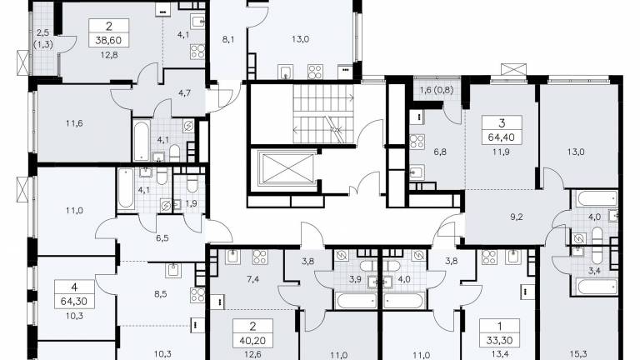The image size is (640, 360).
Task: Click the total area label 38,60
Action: point(109,40)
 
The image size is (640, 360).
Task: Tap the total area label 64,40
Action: point(502,137)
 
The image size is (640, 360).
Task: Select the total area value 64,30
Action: point(74,302)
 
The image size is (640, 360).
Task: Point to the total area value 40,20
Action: point(252,340)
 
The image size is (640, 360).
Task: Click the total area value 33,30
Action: point(500,340)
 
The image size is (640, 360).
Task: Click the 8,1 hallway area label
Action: point(228,40)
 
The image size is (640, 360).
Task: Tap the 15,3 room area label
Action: point(576,354)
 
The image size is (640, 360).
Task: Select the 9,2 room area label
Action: point(517,217)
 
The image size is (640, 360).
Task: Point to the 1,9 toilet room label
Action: point(192,203)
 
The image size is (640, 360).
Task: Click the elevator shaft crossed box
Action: point(287,168)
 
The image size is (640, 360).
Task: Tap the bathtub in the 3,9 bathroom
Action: point(357,301)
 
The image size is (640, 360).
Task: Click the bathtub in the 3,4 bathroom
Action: point(597,286)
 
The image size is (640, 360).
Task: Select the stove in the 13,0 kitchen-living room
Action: point(315,72)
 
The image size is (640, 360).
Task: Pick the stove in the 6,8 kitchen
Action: point(417,142)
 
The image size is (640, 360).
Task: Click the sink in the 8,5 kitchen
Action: point(173,270)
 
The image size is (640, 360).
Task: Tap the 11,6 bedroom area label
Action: point(74,122)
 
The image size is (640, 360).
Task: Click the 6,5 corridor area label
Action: point(162,238)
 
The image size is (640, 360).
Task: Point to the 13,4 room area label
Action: point(500,354)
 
